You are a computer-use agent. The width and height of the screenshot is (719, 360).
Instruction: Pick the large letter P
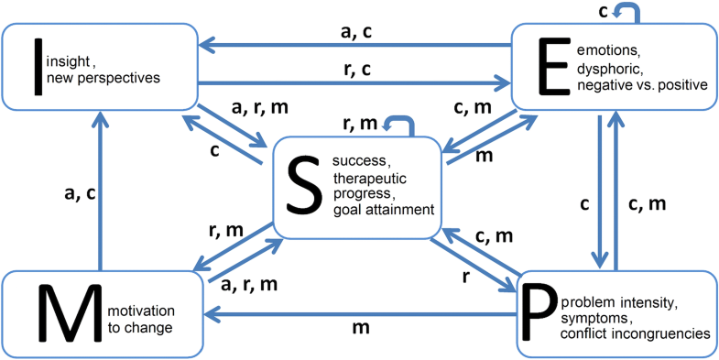544,312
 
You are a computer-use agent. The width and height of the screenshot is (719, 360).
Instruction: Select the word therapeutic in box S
367,179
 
